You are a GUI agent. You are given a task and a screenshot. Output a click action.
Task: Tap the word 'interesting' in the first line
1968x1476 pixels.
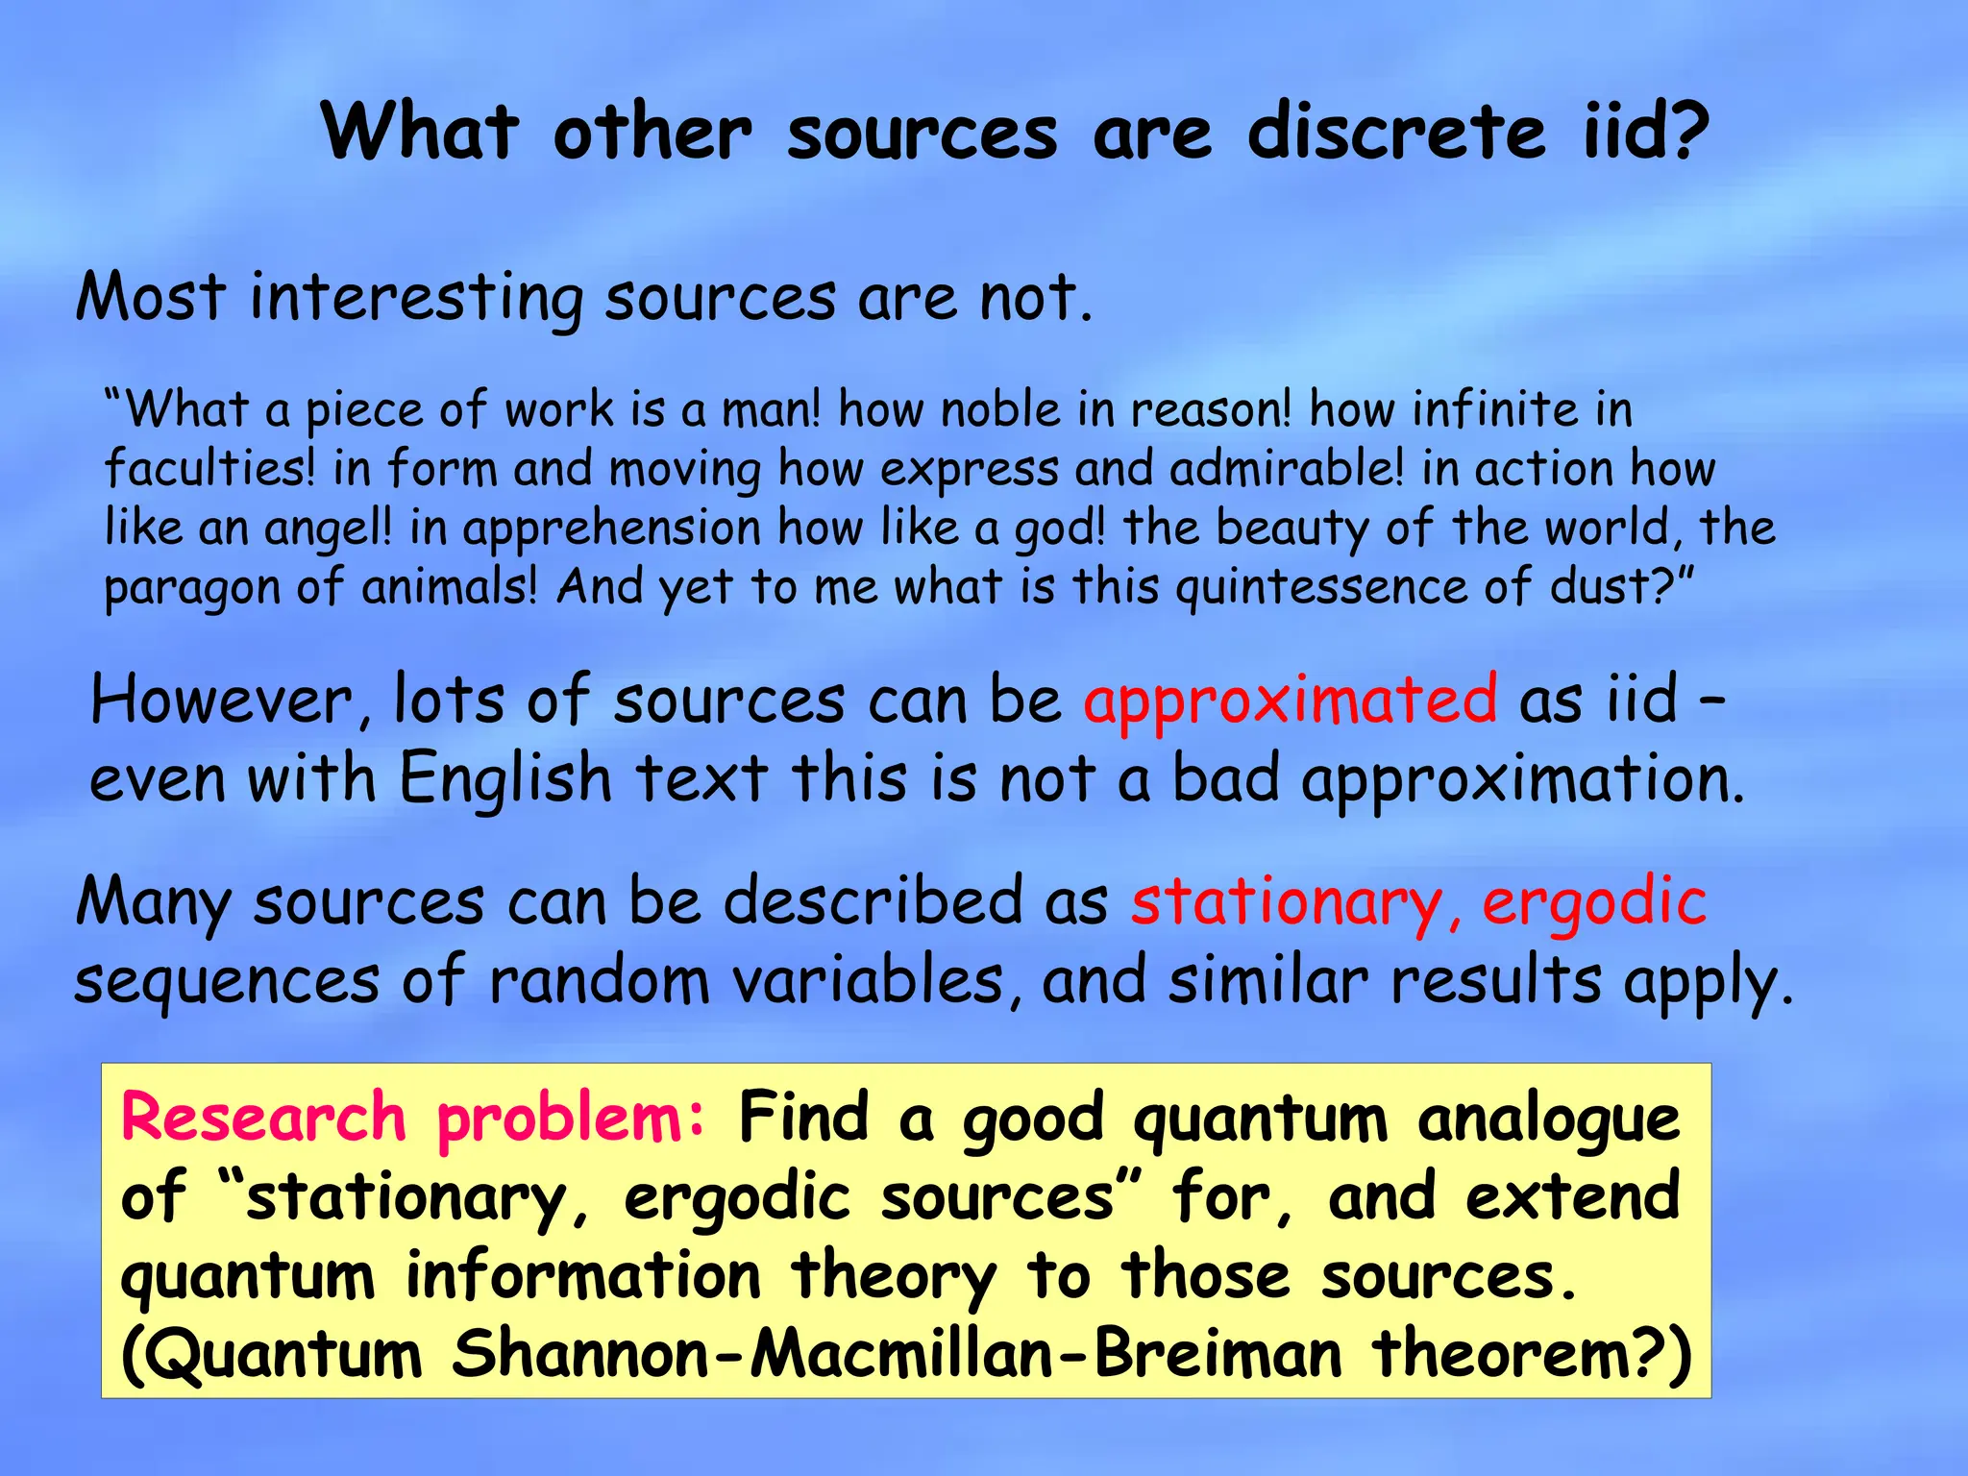point(415,298)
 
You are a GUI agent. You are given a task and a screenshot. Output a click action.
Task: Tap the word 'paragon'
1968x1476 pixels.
point(191,589)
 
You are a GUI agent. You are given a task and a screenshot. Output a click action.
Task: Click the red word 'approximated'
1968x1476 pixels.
point(1290,701)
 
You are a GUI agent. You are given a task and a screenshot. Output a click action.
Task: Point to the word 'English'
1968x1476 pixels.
point(505,778)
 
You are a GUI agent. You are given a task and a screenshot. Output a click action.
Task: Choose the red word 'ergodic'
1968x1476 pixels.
point(1594,903)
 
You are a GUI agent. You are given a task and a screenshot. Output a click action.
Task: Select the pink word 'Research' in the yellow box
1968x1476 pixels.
point(264,1119)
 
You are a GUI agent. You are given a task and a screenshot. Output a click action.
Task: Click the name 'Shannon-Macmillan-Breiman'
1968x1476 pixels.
point(897,1355)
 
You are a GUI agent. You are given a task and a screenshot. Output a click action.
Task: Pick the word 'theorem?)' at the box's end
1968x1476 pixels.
point(1531,1355)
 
